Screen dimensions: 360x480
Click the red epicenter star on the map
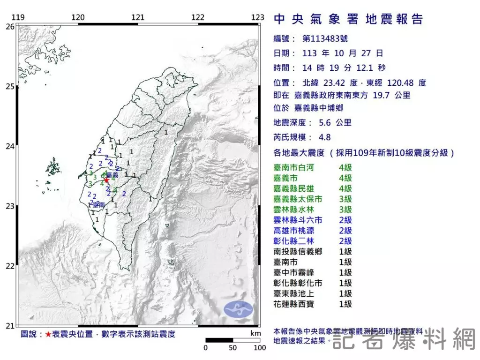point(106,180)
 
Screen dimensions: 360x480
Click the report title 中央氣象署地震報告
point(348,19)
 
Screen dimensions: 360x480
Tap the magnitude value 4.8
point(324,137)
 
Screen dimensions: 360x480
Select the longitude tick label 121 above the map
point(138,18)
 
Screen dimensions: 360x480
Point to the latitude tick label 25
point(9,87)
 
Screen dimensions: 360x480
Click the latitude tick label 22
point(9,266)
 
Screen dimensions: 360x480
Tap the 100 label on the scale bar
point(260,348)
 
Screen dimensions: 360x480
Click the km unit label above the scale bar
point(255,333)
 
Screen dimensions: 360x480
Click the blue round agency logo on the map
point(238,308)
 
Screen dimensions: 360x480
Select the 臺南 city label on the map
point(98,205)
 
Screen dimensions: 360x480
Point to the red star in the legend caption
point(48,335)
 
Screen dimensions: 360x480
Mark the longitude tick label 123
point(258,18)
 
